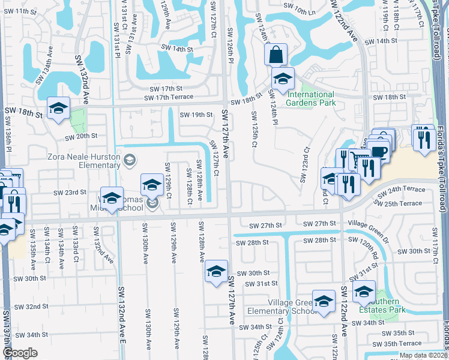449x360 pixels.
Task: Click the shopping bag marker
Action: pyautogui.click(x=276, y=55)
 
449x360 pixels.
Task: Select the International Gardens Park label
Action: pyautogui.click(x=310, y=98)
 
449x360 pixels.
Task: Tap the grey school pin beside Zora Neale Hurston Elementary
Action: pyautogui.click(x=130, y=160)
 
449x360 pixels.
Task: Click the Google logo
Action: pyautogui.click(x=20, y=353)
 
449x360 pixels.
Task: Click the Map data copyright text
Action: pyautogui.click(x=423, y=355)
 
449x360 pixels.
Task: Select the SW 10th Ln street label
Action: pyautogui.click(x=300, y=11)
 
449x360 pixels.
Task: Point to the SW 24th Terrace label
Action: pyautogui.click(x=405, y=189)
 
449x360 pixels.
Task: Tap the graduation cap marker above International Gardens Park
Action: pyautogui.click(x=283, y=78)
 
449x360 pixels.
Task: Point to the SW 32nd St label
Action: pyautogui.click(x=33, y=306)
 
